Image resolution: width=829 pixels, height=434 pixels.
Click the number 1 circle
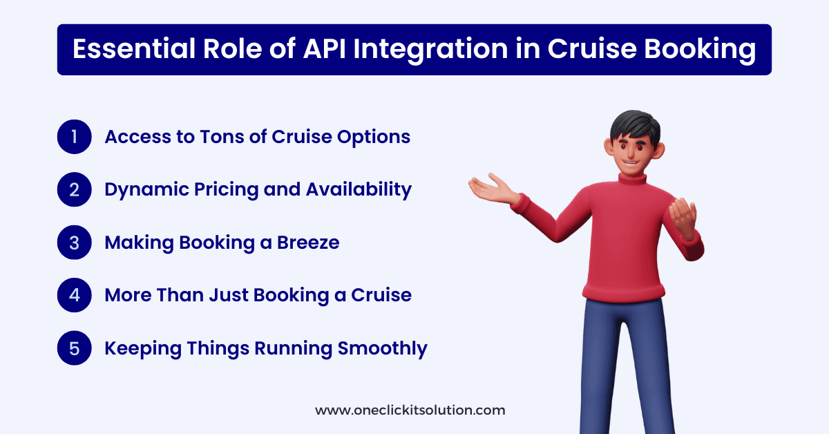coord(75,137)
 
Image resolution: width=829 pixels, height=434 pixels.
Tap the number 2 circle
coord(75,189)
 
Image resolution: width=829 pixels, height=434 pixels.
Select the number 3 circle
coord(75,243)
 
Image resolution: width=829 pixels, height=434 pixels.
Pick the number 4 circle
coord(75,295)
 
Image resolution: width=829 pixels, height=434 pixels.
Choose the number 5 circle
coord(75,348)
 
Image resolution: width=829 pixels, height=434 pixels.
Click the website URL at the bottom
coord(410,410)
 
